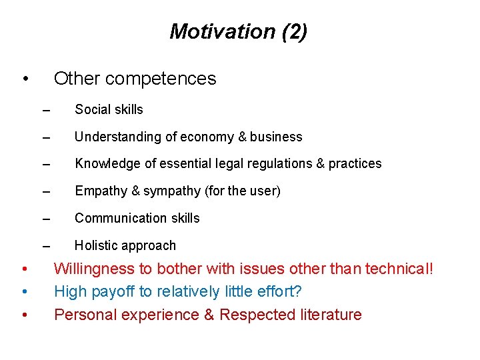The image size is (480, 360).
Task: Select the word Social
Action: (x=93, y=109)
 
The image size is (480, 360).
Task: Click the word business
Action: (x=276, y=137)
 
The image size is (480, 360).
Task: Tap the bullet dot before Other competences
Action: (x=24, y=79)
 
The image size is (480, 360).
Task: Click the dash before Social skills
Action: (x=45, y=111)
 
